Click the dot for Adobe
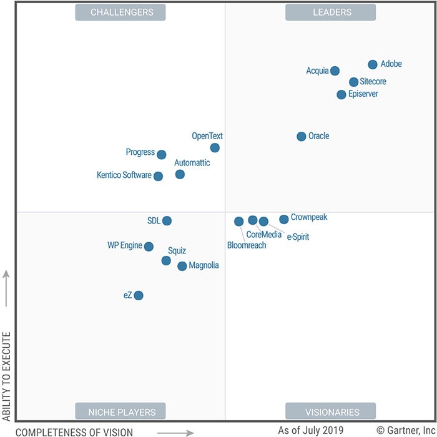(373, 64)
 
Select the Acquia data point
(335, 71)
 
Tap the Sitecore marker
(353, 82)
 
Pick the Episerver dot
(341, 95)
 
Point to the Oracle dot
(302, 136)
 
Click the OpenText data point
(215, 148)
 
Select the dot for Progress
(161, 155)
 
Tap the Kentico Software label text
(124, 175)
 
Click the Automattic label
(192, 163)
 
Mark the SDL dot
(167, 220)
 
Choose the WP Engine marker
(149, 247)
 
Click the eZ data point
(139, 295)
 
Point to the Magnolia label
(204, 266)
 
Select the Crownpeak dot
(284, 219)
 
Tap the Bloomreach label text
(247, 245)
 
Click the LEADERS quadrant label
(330, 12)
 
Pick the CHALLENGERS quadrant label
(120, 12)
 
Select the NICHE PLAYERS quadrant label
(120, 412)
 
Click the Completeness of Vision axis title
(74, 432)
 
